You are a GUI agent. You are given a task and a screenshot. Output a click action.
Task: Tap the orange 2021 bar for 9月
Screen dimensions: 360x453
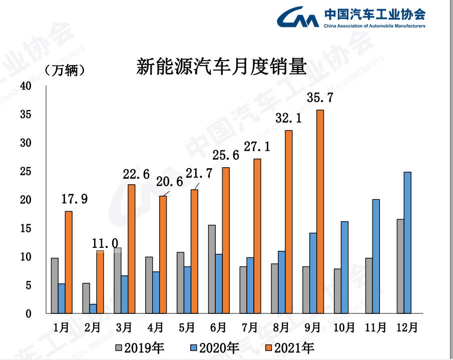[x=320, y=211]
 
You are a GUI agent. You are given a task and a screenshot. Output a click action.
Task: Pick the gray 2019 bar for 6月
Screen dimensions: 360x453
[x=212, y=269]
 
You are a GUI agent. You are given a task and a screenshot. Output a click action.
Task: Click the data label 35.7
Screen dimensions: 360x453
[x=319, y=98]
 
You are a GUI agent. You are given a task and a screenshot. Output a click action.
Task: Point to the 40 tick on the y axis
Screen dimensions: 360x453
[x=26, y=86]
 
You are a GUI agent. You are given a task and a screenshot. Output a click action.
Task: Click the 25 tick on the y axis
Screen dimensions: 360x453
[x=26, y=172]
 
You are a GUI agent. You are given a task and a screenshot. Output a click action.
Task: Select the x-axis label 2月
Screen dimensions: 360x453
[x=93, y=328]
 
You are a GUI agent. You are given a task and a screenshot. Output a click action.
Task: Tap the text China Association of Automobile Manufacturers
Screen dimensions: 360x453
[x=374, y=26]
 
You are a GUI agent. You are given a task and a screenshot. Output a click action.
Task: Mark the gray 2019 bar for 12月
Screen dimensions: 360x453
[x=400, y=266]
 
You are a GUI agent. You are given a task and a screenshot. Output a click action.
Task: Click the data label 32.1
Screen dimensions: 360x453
[x=288, y=118]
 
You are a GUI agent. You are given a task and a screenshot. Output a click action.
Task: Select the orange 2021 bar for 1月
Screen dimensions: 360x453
[x=69, y=262]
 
